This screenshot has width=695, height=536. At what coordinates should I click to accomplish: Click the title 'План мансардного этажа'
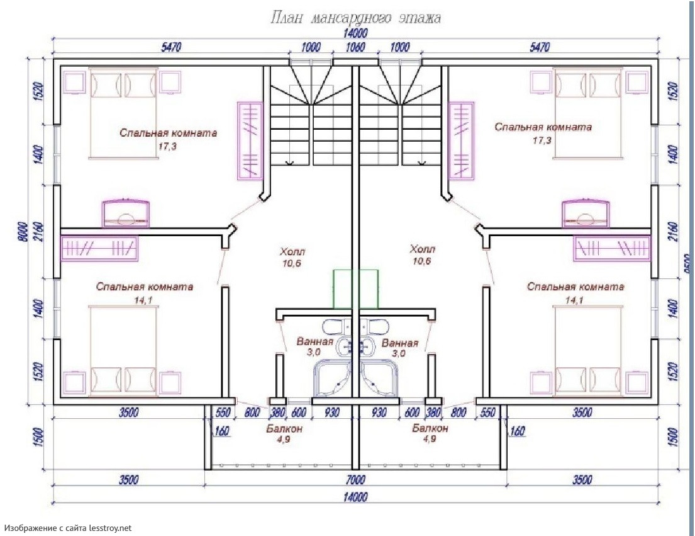pos(355,18)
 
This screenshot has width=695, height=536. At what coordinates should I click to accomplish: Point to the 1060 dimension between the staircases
pos(355,47)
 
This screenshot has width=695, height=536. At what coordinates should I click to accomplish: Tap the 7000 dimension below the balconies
pos(355,480)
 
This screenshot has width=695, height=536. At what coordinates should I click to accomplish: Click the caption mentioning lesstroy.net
pos(68,528)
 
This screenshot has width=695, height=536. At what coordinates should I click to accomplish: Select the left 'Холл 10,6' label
pos(292,256)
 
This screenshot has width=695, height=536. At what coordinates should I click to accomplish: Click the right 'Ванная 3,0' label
pos(399,348)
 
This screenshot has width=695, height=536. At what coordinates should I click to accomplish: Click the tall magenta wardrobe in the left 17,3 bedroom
pos(249,140)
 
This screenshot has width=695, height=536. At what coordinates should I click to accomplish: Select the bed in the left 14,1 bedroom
pos(123,346)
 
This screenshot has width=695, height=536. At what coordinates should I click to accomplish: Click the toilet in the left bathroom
pos(335,326)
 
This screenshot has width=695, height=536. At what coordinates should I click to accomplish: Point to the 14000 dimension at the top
pos(355,33)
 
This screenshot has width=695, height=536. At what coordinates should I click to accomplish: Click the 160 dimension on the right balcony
pos(518,431)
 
